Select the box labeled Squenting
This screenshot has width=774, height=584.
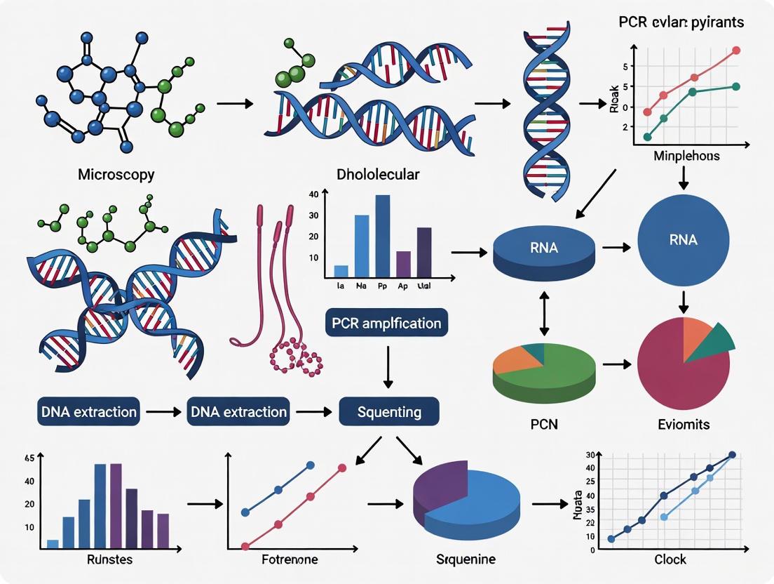(x=389, y=411)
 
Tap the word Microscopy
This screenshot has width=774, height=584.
(x=116, y=174)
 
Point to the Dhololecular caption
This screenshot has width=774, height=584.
(x=378, y=174)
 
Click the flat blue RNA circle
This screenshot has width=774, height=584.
(x=684, y=239)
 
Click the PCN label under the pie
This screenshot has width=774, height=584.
(x=544, y=425)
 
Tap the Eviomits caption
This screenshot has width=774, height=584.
(x=684, y=425)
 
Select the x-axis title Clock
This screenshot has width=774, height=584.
(x=670, y=559)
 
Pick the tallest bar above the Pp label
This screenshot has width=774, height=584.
(x=383, y=236)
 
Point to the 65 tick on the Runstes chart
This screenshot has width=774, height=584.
(x=29, y=458)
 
